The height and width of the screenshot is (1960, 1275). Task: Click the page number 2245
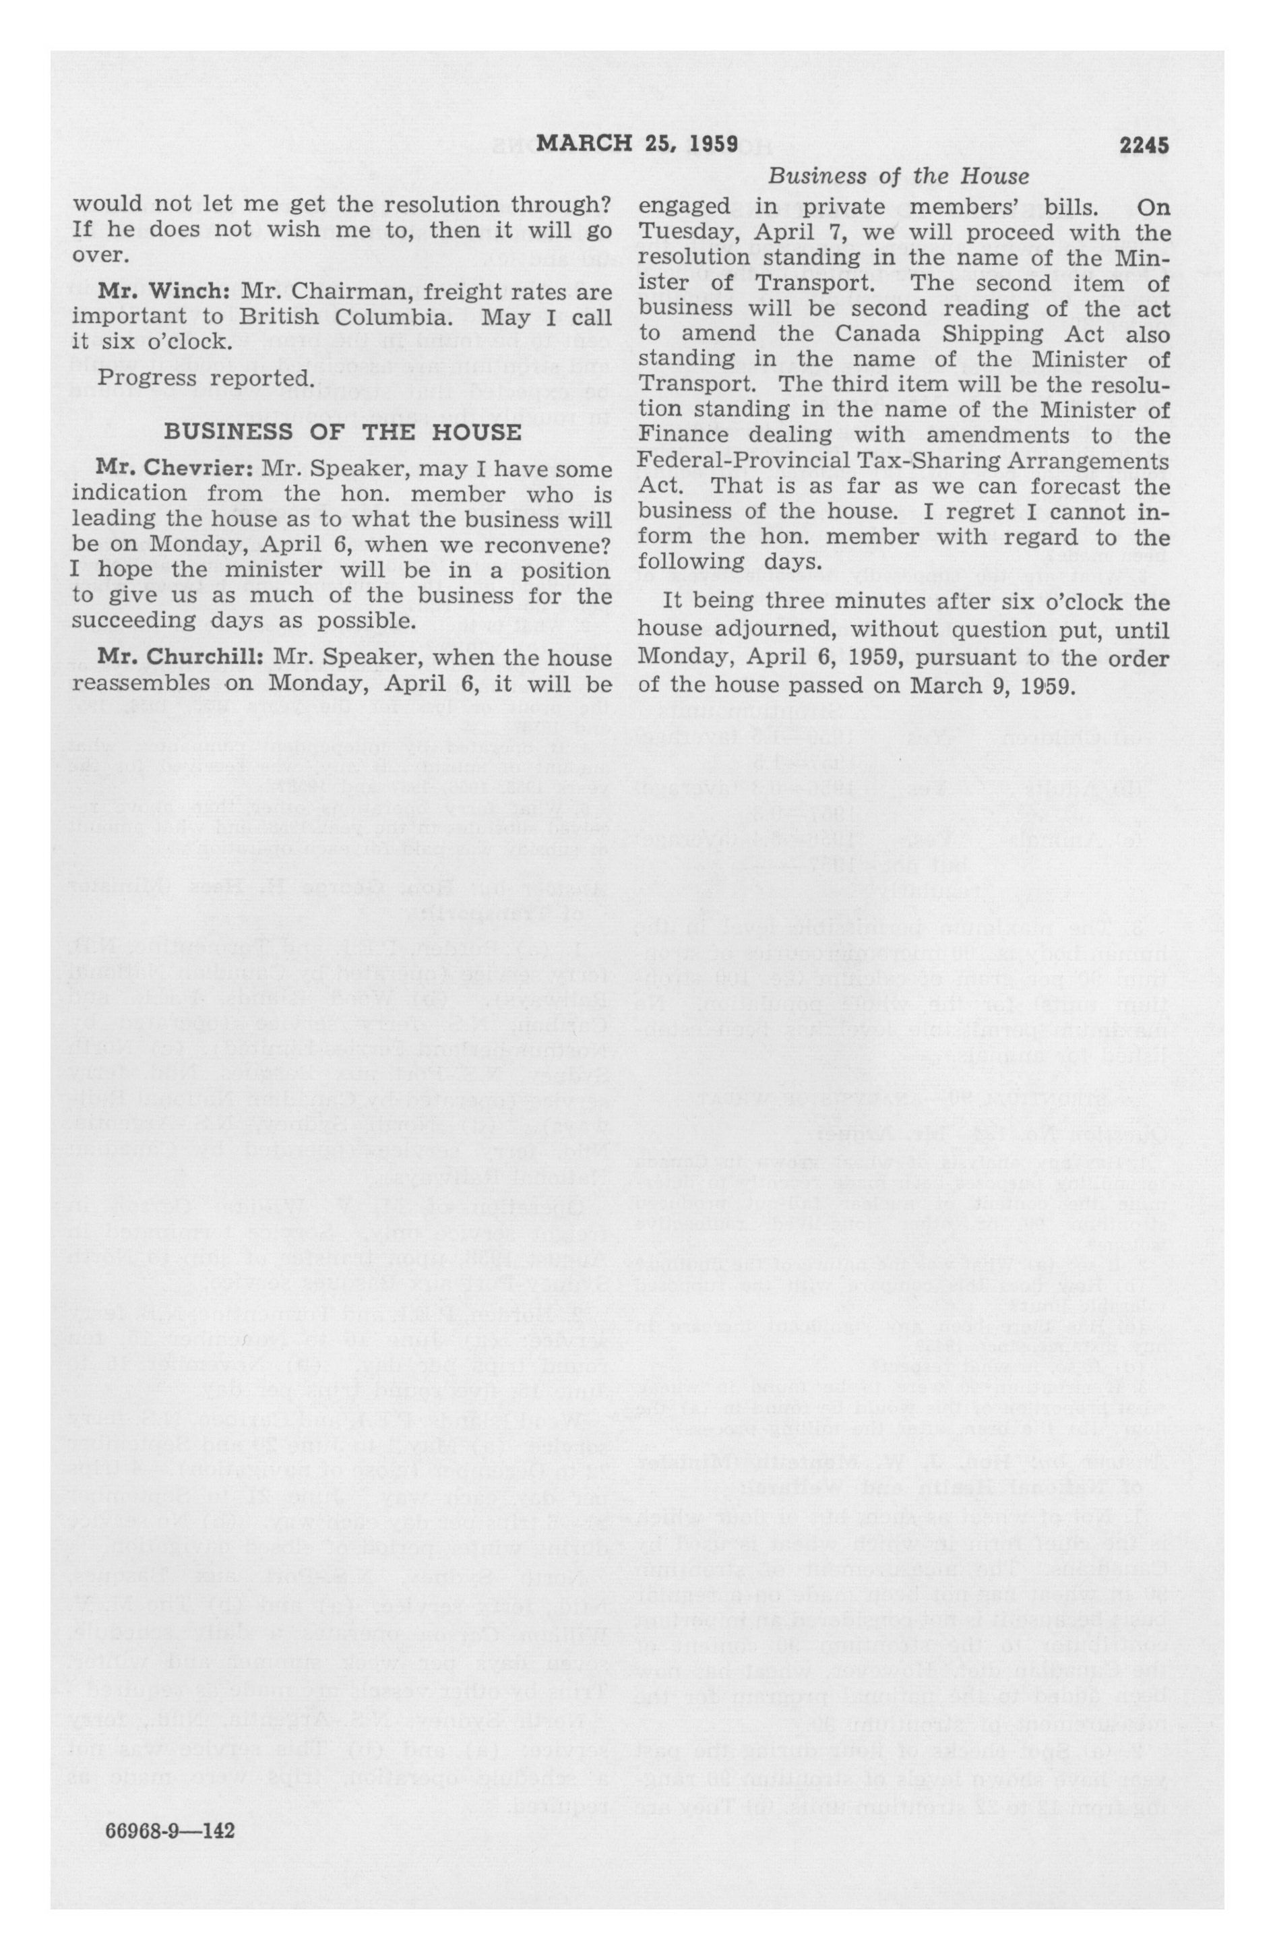(1144, 146)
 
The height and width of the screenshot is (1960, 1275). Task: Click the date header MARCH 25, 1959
(637, 145)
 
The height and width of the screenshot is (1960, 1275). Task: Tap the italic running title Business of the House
(898, 176)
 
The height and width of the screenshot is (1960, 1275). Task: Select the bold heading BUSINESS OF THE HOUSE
(342, 431)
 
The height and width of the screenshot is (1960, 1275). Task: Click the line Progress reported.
(206, 379)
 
